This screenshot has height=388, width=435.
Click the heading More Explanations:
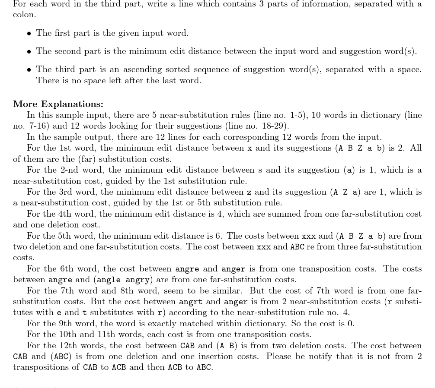coord(58,104)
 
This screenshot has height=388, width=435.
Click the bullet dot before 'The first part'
coord(29,33)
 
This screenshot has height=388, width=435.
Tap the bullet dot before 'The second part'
coord(29,51)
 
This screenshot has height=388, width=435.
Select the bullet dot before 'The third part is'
coord(29,69)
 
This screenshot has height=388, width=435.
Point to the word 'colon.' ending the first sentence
coord(24,14)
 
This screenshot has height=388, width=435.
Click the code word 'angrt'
coord(191,302)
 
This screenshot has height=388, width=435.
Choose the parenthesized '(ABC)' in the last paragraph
coord(61,356)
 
